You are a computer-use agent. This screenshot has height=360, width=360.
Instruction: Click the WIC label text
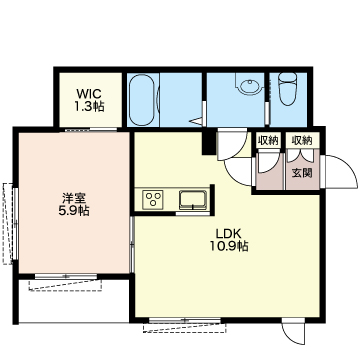click(x=88, y=92)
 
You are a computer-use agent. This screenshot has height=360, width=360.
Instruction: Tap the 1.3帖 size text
click(x=89, y=106)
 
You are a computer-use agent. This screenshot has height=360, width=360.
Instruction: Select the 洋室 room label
click(x=74, y=198)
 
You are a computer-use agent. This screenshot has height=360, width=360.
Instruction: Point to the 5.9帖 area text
click(x=74, y=211)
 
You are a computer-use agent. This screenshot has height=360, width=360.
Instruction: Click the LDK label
click(x=228, y=232)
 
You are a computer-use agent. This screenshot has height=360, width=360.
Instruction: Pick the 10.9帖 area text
click(x=229, y=246)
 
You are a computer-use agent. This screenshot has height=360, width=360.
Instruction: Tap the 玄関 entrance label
click(x=302, y=173)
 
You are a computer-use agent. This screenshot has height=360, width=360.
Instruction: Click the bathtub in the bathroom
click(x=141, y=100)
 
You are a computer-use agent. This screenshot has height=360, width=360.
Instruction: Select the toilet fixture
click(x=287, y=88)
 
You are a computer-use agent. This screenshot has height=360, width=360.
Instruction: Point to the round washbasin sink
click(x=248, y=86)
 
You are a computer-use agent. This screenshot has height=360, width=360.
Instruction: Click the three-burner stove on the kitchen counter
click(x=152, y=199)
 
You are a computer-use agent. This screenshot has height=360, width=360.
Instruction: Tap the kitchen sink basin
click(x=193, y=200)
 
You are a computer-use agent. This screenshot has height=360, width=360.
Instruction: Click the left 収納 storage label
click(x=267, y=141)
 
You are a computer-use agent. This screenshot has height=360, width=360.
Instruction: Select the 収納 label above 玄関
click(x=302, y=141)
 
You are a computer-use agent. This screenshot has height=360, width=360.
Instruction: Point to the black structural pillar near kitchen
click(x=209, y=142)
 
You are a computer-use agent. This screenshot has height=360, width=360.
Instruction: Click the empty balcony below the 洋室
click(x=74, y=302)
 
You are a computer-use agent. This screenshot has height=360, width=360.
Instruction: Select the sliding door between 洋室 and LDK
click(x=132, y=245)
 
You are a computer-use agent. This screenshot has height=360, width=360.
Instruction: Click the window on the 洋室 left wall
click(x=15, y=223)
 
